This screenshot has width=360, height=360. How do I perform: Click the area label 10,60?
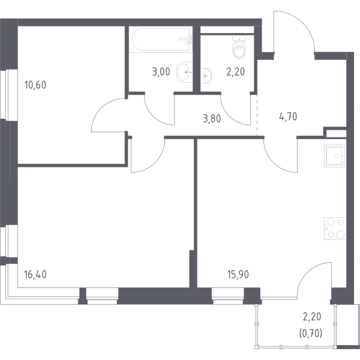35,85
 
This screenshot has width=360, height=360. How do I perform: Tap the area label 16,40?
35,275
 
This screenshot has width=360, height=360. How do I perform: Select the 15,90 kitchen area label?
238,275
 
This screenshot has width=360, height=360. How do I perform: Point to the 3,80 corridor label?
212,119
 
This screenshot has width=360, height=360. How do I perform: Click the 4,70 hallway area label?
288,116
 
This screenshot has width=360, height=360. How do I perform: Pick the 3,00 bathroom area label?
161,72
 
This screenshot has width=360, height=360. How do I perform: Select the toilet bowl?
239,47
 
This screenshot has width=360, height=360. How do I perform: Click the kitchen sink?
335,155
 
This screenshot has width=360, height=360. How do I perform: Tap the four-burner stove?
335,229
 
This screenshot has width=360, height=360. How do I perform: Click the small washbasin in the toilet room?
206,76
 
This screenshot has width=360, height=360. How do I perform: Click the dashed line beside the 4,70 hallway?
257,115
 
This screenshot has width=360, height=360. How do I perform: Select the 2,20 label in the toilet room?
236,72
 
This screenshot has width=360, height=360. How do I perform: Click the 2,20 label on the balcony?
312,317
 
